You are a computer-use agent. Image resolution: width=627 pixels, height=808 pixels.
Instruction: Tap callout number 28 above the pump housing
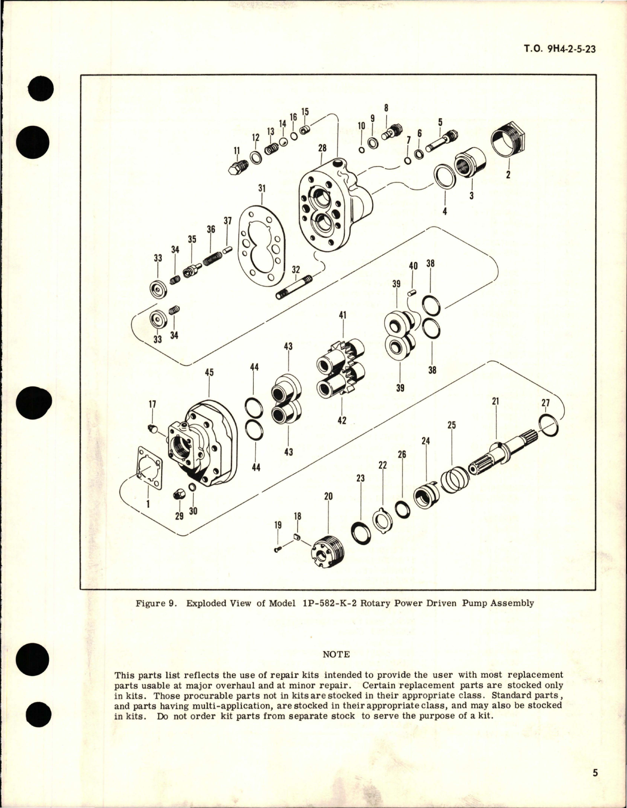point(322,148)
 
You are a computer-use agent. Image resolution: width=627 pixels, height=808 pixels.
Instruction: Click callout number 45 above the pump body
point(209,372)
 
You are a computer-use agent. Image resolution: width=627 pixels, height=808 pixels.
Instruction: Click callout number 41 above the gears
point(343,315)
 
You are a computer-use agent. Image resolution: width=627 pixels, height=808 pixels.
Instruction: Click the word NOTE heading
point(336,654)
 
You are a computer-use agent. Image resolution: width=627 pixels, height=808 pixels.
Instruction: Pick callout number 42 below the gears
point(342,420)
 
